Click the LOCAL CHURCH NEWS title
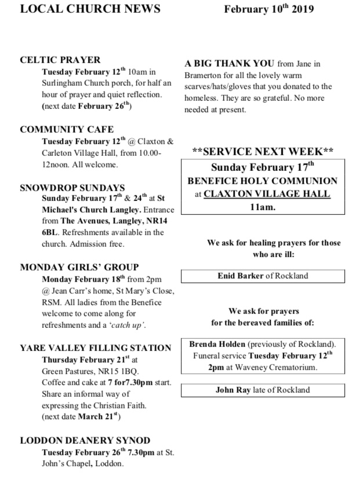click(90, 10)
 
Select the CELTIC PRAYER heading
click(60, 60)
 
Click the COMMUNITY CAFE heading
click(67, 129)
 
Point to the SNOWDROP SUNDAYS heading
click(72, 188)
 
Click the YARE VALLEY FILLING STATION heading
click(96, 348)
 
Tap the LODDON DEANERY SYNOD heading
click(85, 440)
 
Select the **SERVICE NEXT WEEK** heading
click(263, 152)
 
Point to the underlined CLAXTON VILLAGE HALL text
click(267, 194)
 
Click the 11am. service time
click(263, 207)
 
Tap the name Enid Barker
click(240, 276)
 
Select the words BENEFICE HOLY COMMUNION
click(262, 181)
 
